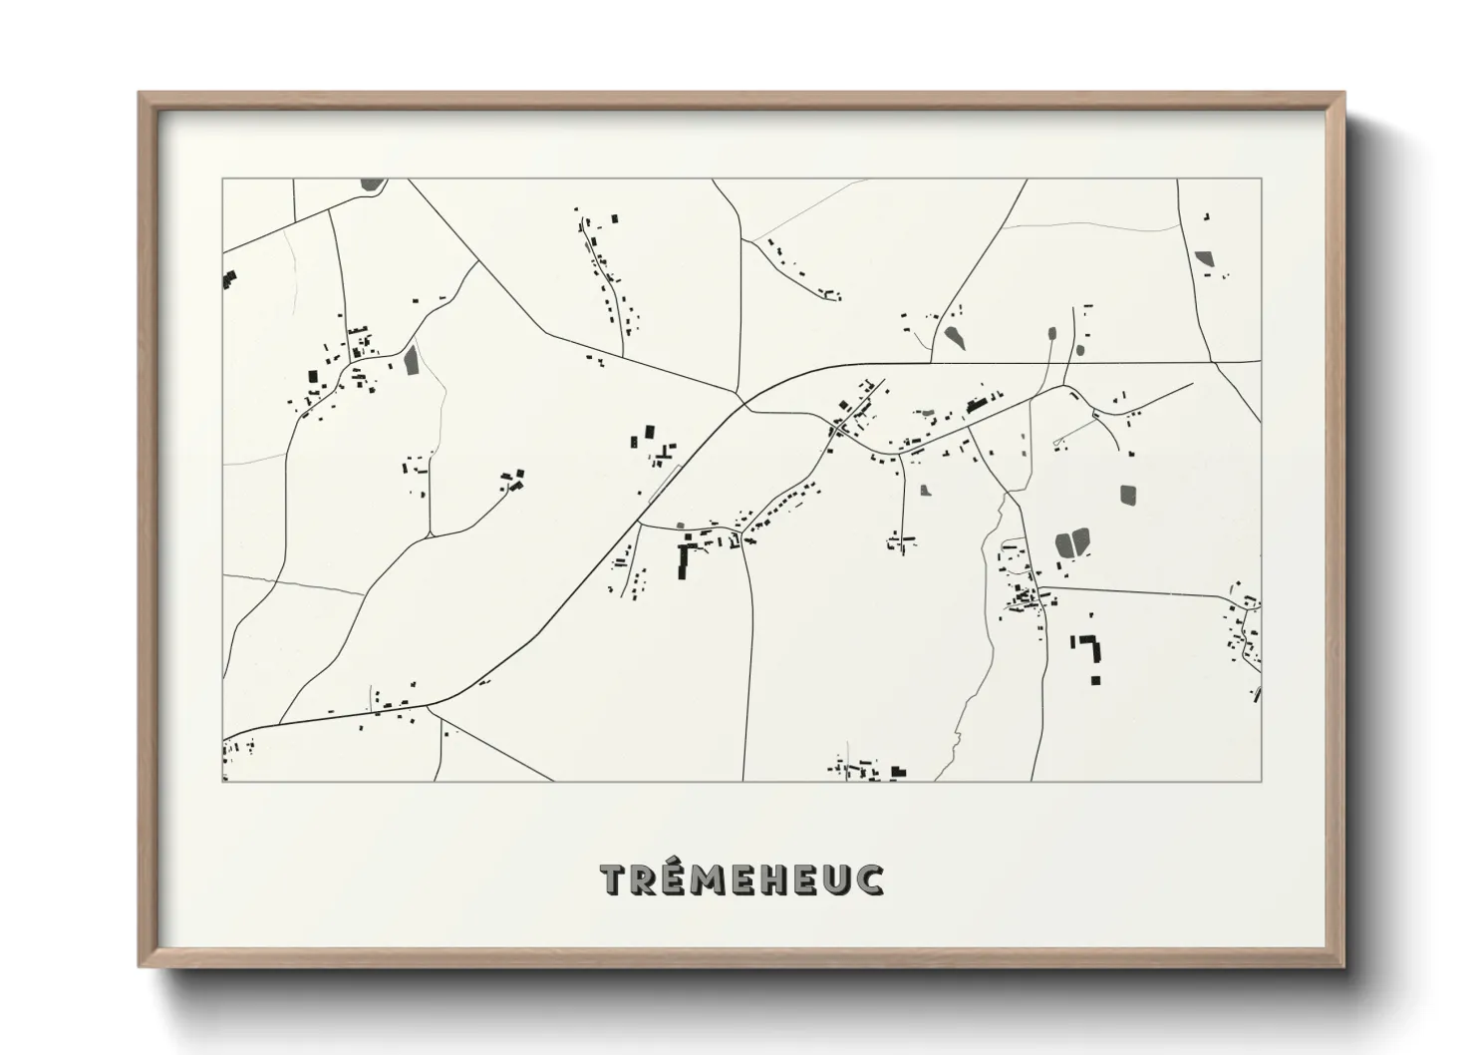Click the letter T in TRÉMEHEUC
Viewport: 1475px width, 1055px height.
(613, 879)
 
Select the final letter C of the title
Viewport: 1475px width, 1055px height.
(869, 879)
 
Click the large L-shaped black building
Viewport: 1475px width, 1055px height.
(1093, 649)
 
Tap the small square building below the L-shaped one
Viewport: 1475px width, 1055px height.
(1094, 680)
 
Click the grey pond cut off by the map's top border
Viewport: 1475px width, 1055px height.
(372, 183)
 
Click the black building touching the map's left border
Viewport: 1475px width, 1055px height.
(229, 279)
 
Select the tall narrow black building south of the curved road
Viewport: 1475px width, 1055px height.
(683, 562)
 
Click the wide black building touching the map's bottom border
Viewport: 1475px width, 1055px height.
(898, 772)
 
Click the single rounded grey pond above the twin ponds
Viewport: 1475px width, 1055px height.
(1128, 494)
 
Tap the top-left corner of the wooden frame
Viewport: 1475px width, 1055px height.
(142, 95)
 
